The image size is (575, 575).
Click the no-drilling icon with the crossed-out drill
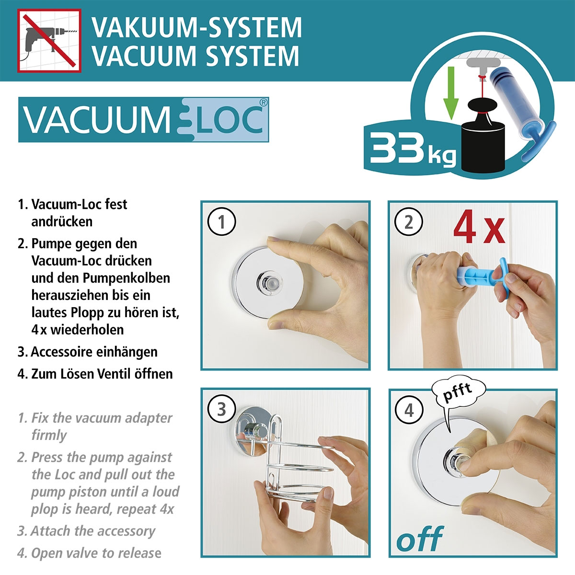(x=49, y=41)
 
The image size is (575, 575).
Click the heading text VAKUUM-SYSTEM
(x=197, y=27)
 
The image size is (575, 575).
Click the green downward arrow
(x=450, y=94)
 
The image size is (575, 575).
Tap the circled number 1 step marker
(x=221, y=222)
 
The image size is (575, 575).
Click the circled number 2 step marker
(x=409, y=222)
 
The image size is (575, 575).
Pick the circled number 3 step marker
(x=221, y=410)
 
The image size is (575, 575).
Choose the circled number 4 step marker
(x=409, y=411)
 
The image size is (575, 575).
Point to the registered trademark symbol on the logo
(x=263, y=102)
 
